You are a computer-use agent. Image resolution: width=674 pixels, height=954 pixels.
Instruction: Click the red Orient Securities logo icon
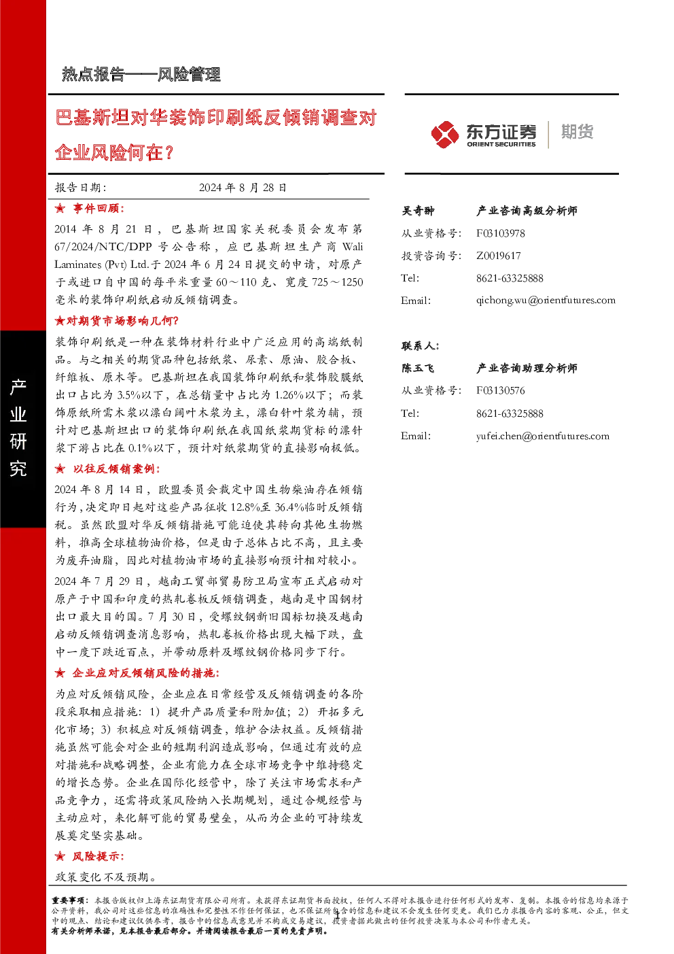(x=444, y=134)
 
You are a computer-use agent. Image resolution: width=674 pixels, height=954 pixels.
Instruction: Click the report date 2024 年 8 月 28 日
(x=243, y=188)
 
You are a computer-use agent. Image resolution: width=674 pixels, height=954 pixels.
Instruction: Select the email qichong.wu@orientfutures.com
(x=546, y=301)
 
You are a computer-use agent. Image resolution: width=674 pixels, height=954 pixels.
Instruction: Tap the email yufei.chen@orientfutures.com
(x=542, y=436)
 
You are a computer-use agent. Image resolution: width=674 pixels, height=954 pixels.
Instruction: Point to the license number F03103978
(x=500, y=233)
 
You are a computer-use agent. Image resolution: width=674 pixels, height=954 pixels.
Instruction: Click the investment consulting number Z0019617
(x=498, y=256)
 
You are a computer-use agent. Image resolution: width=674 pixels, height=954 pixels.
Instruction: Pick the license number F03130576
(x=500, y=390)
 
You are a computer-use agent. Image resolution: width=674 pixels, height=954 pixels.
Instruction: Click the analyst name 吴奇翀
(x=418, y=211)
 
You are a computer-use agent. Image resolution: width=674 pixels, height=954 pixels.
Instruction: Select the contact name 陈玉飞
(x=418, y=368)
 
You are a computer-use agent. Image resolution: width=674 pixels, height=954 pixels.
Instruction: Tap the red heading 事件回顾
(x=99, y=208)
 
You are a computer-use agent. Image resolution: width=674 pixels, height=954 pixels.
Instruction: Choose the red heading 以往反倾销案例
(x=116, y=469)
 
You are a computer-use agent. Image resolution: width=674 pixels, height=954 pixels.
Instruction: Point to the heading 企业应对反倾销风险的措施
(x=145, y=673)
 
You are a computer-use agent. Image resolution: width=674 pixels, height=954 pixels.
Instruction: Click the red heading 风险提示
(x=98, y=857)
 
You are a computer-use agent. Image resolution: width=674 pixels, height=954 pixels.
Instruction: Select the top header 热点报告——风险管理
(x=141, y=75)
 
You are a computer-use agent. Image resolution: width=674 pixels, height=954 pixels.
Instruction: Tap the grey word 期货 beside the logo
(x=577, y=132)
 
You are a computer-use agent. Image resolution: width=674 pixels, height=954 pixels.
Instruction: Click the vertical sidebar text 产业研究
(x=18, y=427)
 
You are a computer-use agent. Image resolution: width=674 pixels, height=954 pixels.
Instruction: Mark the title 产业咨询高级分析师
(x=527, y=211)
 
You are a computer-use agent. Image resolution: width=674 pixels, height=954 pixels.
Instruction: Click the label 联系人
(x=421, y=346)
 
